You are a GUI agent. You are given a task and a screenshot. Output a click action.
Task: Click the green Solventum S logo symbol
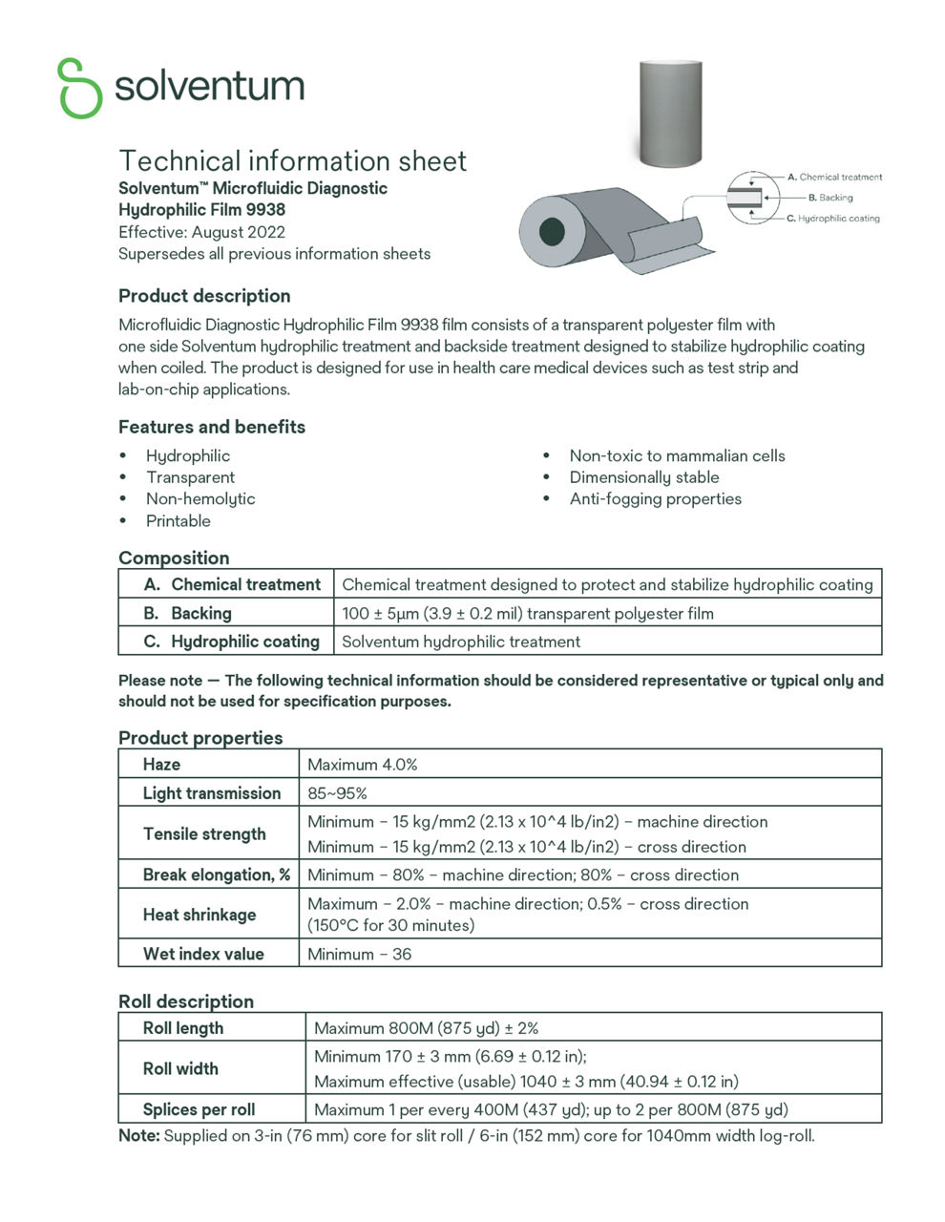79,88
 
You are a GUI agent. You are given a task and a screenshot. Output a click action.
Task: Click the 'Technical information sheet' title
292,160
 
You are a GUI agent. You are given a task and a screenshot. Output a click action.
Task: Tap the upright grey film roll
669,112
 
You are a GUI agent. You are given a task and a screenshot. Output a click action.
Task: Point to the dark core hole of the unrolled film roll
552,231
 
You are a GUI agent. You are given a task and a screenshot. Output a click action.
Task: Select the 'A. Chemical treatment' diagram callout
834,177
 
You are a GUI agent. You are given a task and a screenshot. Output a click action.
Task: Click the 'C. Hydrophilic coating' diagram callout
832,219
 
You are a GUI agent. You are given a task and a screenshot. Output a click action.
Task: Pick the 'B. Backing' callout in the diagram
829,198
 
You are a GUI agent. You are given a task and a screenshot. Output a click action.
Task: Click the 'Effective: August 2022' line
201,232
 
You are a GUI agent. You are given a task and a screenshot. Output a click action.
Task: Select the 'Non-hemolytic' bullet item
200,498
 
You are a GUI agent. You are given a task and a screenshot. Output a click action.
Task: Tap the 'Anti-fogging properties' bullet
655,498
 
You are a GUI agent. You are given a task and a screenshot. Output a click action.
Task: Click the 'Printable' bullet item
178,520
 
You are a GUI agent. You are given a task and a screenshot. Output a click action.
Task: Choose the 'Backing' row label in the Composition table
200,613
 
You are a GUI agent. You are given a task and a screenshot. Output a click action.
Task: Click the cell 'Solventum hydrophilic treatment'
461,642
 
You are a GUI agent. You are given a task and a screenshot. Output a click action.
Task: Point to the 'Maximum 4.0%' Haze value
363,765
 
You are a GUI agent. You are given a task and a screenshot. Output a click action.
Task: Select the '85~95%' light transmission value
337,793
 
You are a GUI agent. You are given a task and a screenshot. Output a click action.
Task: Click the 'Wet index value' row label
203,954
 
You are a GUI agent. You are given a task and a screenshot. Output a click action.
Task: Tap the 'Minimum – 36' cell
360,954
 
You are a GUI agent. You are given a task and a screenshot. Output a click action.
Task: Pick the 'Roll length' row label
183,1028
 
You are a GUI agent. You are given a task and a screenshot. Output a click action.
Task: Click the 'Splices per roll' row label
199,1109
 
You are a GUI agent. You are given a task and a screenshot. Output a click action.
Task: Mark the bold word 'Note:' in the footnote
139,1136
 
